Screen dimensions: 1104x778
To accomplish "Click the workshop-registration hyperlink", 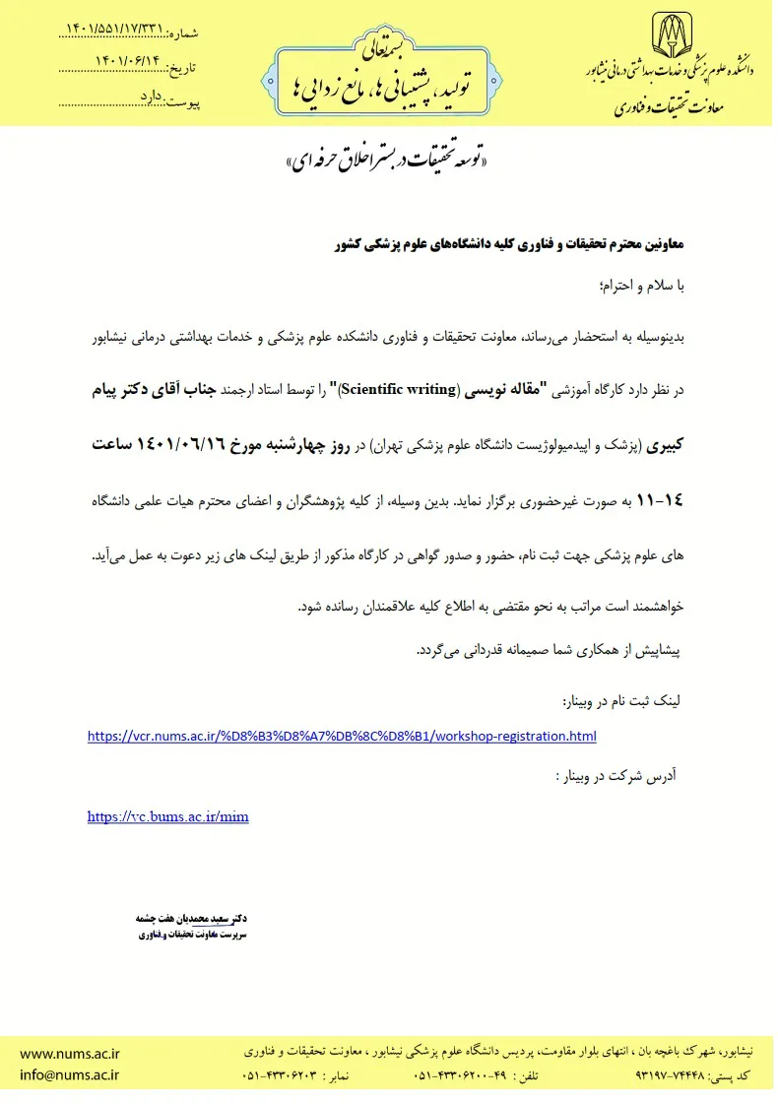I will pyautogui.click(x=342, y=736).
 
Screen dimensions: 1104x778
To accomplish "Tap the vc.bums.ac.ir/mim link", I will pyautogui.click(x=168, y=816).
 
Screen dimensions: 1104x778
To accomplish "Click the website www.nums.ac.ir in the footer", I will pyautogui.click(x=69, y=1051).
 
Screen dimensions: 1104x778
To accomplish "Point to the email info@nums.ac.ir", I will pyautogui.click(x=69, y=1075).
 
